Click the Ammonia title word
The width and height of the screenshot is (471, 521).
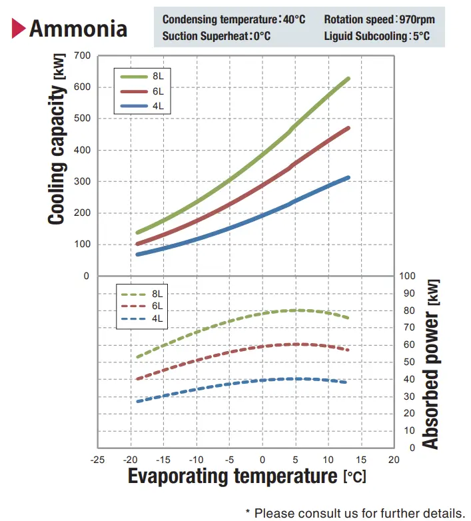pyautogui.click(x=78, y=29)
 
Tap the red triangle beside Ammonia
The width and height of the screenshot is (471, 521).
pyautogui.click(x=19, y=29)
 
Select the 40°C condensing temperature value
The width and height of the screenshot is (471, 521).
pyautogui.click(x=293, y=19)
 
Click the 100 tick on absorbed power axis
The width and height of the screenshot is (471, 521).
pyautogui.click(x=408, y=276)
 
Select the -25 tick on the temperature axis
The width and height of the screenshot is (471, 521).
pyautogui.click(x=97, y=460)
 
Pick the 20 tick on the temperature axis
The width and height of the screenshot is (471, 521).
pyautogui.click(x=394, y=460)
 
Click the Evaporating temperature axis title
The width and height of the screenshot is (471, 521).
pyautogui.click(x=247, y=477)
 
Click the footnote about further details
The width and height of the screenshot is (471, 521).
pyautogui.click(x=354, y=513)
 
